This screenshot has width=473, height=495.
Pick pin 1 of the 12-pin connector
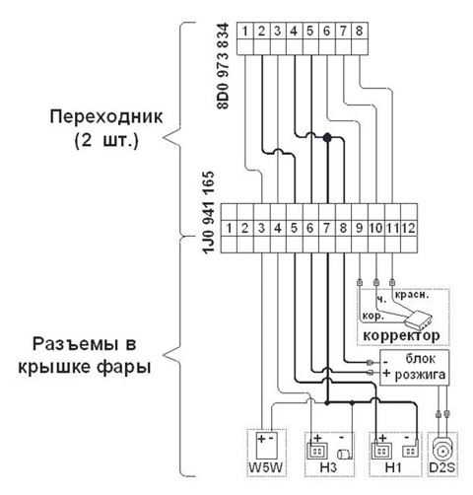(231, 228)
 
